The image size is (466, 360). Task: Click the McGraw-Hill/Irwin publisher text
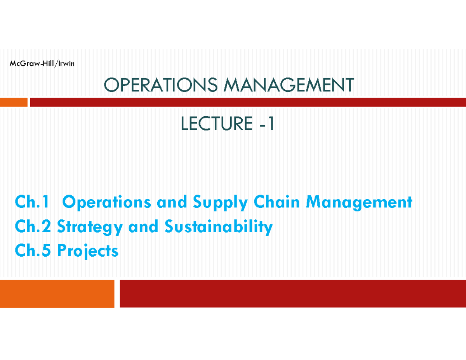[x=42, y=64]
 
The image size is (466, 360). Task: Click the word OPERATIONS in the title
[x=161, y=85]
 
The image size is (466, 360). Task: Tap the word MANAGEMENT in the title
[x=289, y=85]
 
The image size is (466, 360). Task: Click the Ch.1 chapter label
[x=32, y=202]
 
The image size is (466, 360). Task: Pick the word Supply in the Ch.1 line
[x=221, y=203]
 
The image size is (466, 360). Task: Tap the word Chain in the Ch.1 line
[x=276, y=202]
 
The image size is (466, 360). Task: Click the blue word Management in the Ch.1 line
[x=359, y=203]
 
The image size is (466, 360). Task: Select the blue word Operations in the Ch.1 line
[x=106, y=203]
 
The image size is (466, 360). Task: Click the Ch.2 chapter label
[x=33, y=226]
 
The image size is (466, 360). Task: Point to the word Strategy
[x=90, y=227]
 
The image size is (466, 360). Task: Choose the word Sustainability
[x=219, y=227]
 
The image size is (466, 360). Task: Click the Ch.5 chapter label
[x=33, y=250]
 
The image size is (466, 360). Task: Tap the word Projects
[x=88, y=251]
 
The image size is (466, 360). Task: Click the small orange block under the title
[x=14, y=102]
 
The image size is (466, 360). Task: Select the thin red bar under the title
[x=248, y=102]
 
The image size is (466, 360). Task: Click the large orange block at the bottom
[x=57, y=294]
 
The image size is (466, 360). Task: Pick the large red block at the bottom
[x=293, y=294]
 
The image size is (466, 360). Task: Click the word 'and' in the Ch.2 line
[x=143, y=226]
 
